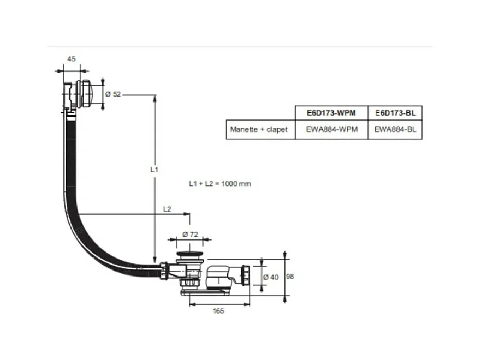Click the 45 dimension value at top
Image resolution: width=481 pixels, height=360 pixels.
[72, 58]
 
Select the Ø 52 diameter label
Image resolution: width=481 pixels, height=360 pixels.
[112, 94]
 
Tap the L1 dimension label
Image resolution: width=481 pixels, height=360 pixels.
[154, 170]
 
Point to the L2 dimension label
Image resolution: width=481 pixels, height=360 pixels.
[167, 209]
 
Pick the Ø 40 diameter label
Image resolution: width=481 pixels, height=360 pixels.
[270, 277]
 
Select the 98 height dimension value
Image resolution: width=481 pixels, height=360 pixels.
[290, 277]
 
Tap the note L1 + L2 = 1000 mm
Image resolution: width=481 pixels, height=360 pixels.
[219, 184]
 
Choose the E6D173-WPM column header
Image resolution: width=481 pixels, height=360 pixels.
[332, 113]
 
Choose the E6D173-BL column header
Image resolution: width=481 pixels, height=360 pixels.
[395, 113]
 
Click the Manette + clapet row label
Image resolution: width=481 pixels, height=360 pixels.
[260, 130]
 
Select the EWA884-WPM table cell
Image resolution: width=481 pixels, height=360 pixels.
[332, 130]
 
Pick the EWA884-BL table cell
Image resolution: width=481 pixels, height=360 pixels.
[395, 130]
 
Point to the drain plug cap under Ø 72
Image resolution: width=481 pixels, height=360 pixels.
[189, 256]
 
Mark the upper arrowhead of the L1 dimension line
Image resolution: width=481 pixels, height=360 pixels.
[155, 98]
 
